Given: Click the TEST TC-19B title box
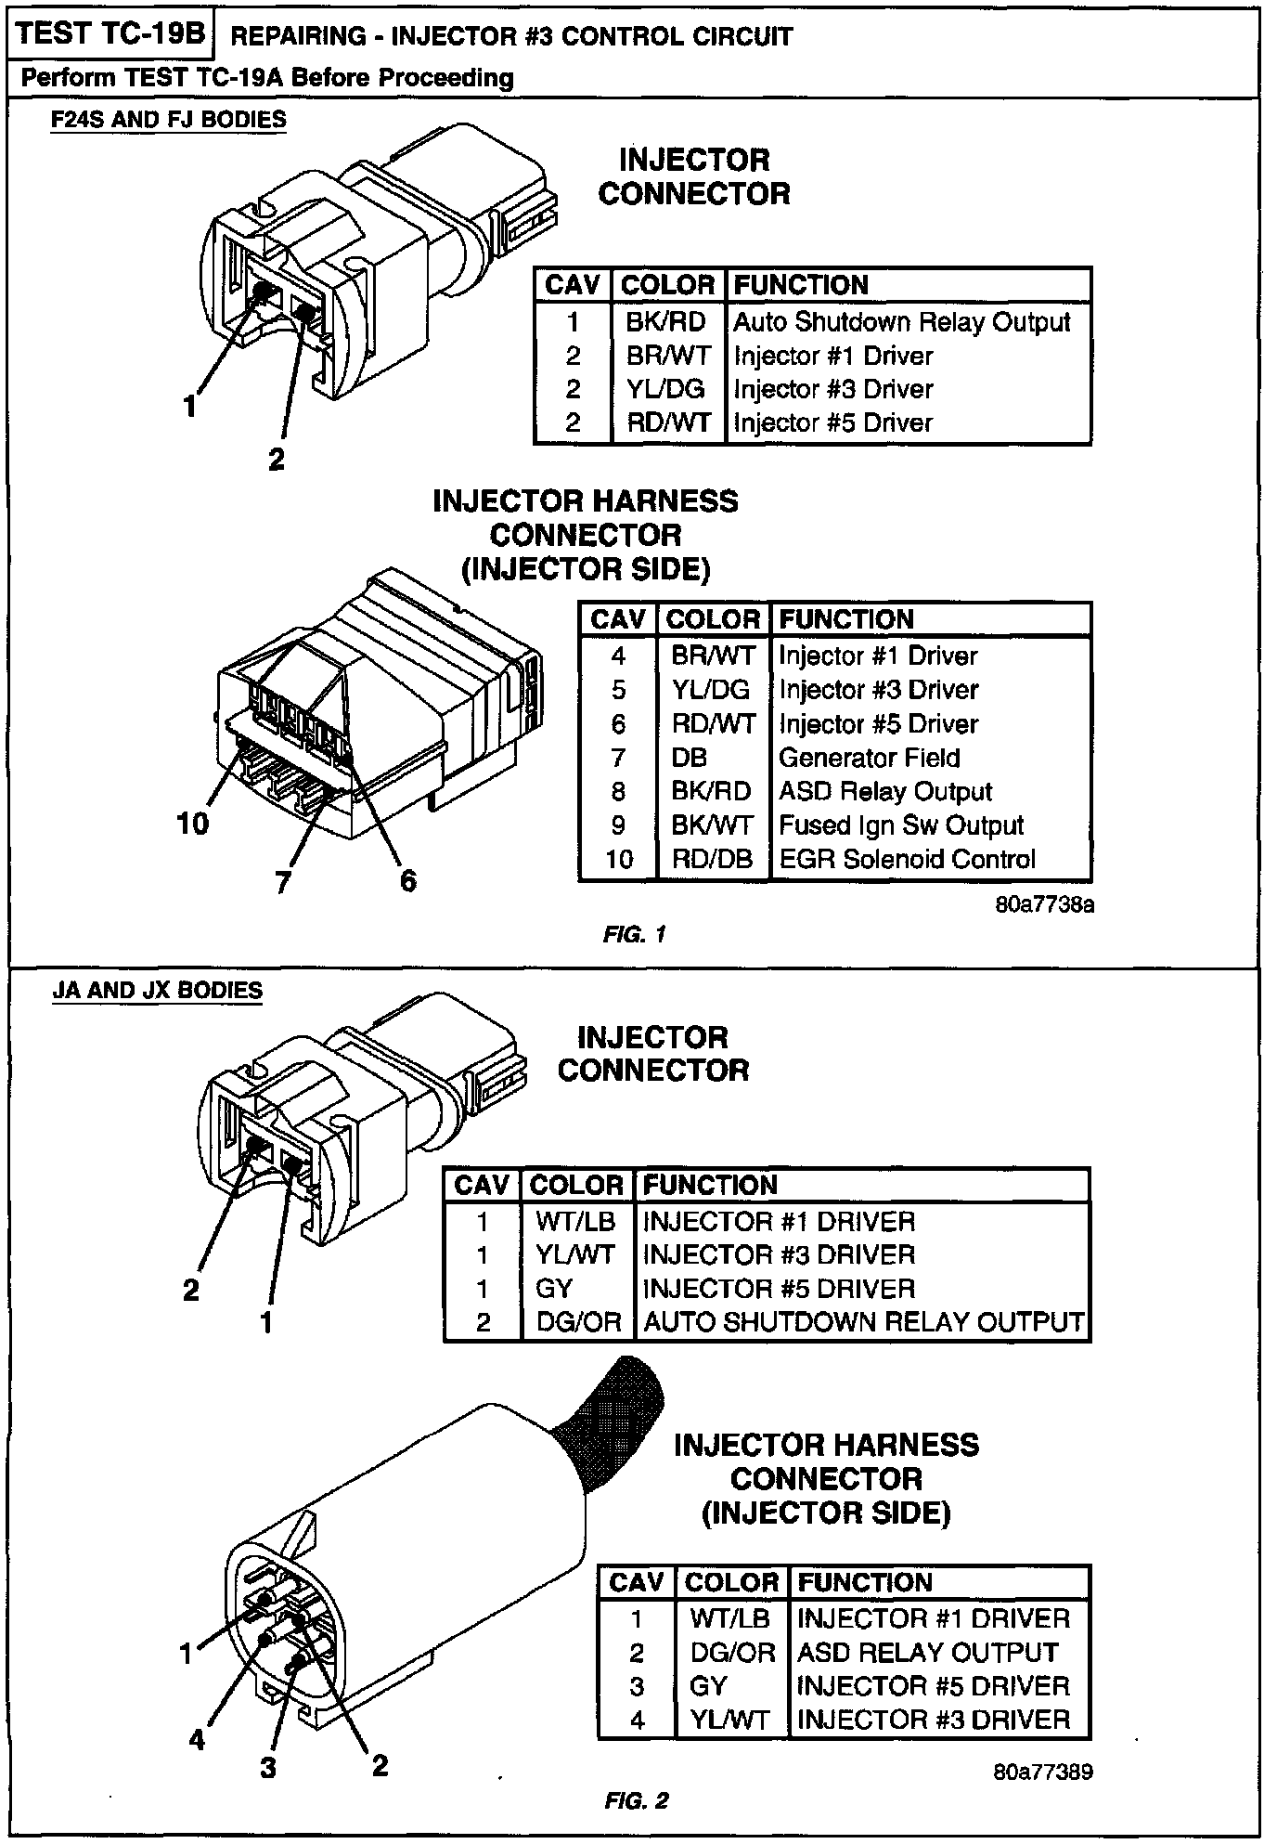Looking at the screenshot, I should tap(110, 33).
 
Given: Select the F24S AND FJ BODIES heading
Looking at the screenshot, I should tap(168, 120).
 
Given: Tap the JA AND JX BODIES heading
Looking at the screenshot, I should tap(157, 990).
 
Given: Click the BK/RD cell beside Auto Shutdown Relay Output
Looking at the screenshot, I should tap(665, 322).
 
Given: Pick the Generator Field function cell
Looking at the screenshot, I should tap(869, 758).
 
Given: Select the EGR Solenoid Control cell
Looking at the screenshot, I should tap(907, 859).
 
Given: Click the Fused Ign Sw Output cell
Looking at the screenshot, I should tap(900, 825).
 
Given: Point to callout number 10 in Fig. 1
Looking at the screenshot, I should tap(193, 823).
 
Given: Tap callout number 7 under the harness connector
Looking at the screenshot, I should tap(283, 881).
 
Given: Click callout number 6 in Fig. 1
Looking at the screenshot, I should tap(407, 879).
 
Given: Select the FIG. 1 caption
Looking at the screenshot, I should tap(634, 934).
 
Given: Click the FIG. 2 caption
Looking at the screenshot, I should tap(636, 1801).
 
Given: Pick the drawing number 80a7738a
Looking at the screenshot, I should tap(1044, 904).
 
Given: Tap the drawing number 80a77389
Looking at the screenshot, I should tap(1043, 1772).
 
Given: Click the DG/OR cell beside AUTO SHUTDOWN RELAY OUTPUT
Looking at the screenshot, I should tap(577, 1322).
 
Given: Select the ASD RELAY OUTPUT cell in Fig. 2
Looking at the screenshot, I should tap(927, 1652).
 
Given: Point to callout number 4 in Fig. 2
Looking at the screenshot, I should tap(197, 1739).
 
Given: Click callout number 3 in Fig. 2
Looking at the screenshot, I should tap(268, 1767).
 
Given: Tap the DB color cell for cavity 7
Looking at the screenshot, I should tap(690, 758).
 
